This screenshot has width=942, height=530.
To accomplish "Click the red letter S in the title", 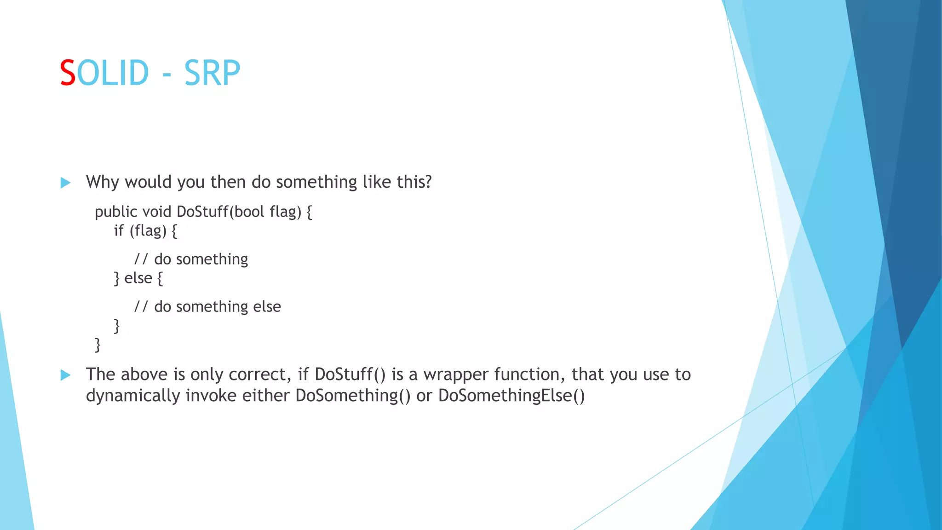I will (68, 73).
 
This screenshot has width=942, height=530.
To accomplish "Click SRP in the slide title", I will (212, 73).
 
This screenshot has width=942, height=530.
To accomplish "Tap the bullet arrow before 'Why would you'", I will (65, 183).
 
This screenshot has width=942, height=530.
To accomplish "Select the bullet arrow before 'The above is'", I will (65, 375).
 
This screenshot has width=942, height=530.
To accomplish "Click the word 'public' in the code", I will (116, 212).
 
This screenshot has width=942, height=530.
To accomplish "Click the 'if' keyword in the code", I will (119, 230).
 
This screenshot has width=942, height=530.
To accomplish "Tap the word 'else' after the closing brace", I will (138, 278).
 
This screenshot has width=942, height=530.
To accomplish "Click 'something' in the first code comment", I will (212, 259).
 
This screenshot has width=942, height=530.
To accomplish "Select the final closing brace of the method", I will (98, 345).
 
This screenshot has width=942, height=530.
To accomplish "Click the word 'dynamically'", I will (133, 396).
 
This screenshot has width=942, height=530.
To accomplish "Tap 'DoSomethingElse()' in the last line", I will (511, 396).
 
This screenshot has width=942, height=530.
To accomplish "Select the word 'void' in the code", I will (157, 212).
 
